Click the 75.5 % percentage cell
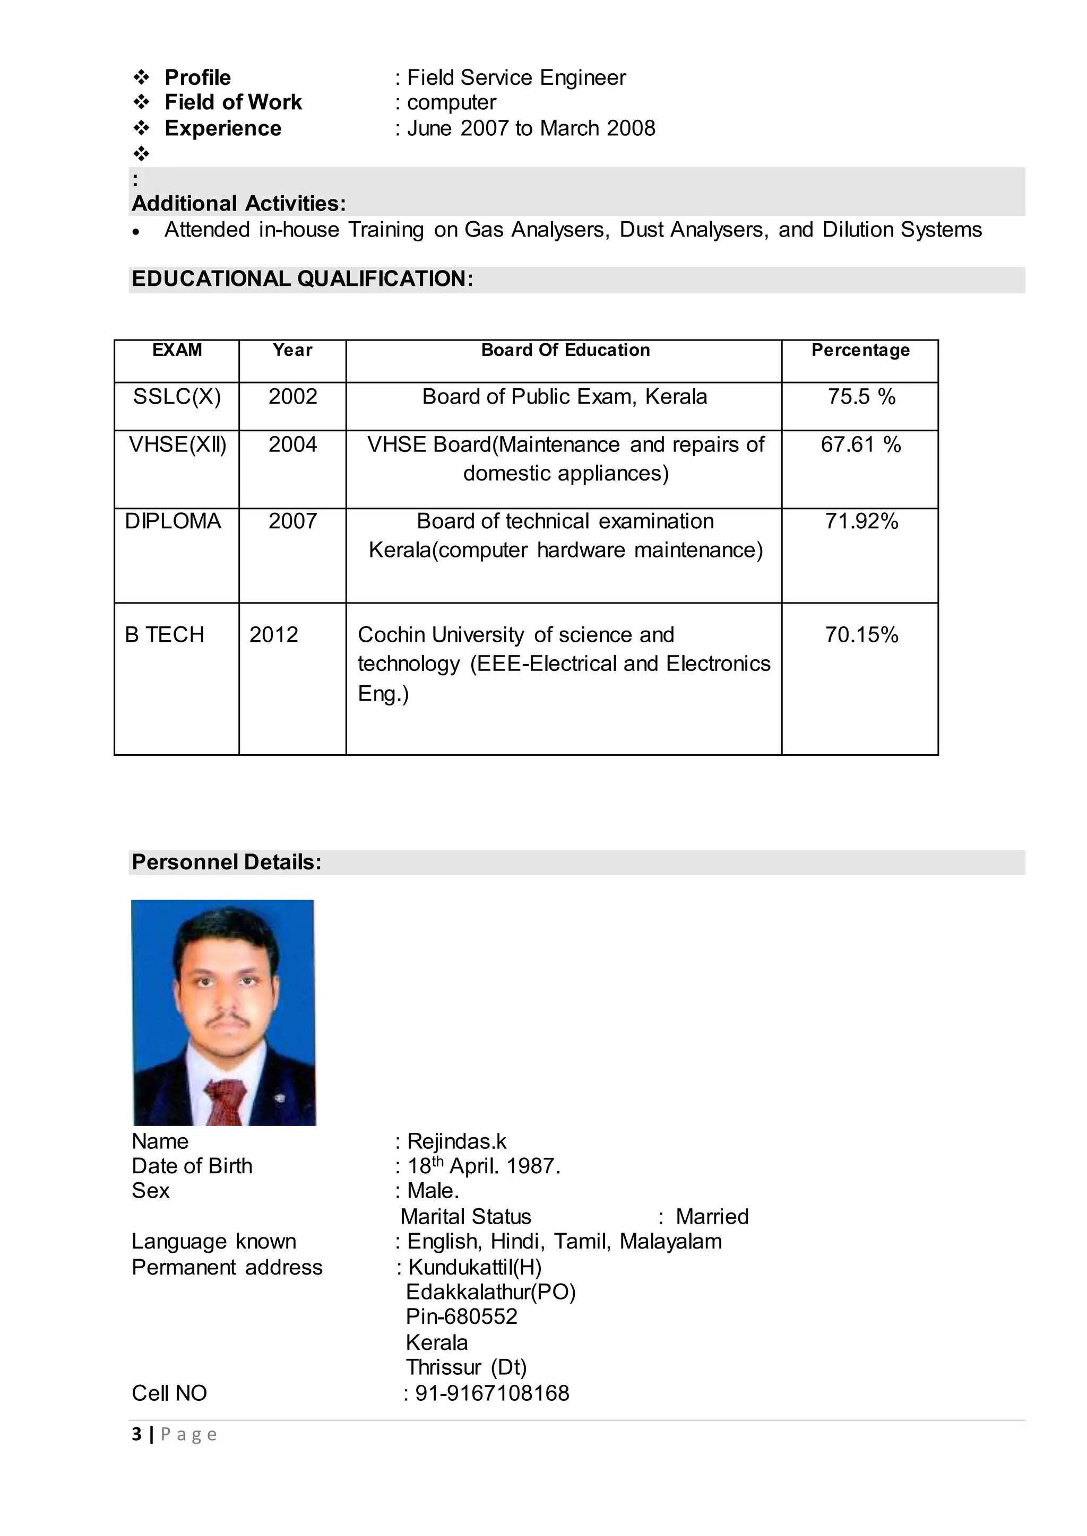pos(861,397)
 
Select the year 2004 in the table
pos(292,445)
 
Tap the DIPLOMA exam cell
pos(172,521)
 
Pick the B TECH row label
pos(165,634)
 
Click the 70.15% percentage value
pos(861,634)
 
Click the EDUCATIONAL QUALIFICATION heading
pos(303,279)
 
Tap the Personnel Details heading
pos(226,862)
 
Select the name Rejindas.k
pos(456,1141)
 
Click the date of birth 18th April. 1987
pos(484,1166)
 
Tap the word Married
pos(712,1216)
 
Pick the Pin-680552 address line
pos(462,1316)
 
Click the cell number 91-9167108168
pos(492,1393)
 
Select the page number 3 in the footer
pos(137,1434)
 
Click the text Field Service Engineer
pos(516,77)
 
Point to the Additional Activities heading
pos(239,203)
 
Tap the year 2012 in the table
pos(274,634)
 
